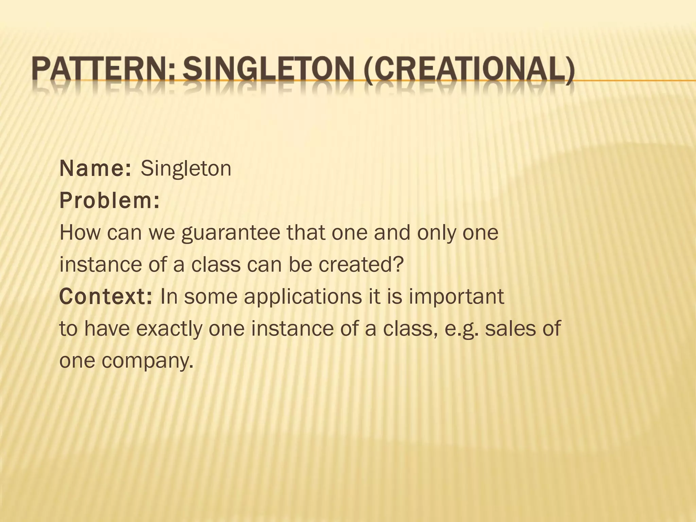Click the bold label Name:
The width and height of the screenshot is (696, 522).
coord(95,169)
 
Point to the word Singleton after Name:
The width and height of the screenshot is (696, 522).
coord(186,169)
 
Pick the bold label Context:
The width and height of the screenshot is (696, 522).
coord(106,296)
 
